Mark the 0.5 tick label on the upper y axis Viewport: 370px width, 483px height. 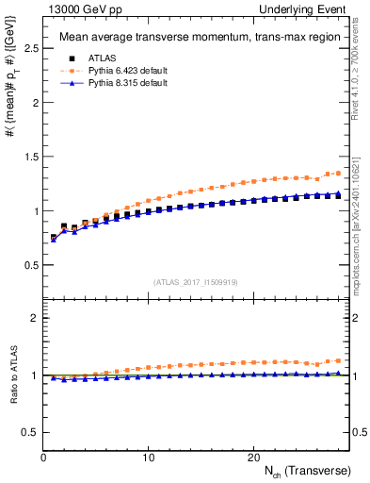pyautogui.click(x=29, y=265)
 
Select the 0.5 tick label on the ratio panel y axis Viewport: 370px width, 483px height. pyautogui.click(x=29, y=432)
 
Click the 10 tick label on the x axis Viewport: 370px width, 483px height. pyautogui.click(x=148, y=456)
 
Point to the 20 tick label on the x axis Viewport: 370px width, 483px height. pyautogui.click(x=252, y=456)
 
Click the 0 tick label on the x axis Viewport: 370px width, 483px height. pyautogui.click(x=43, y=456)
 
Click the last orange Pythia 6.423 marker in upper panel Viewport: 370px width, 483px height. pyautogui.click(x=339, y=173)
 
